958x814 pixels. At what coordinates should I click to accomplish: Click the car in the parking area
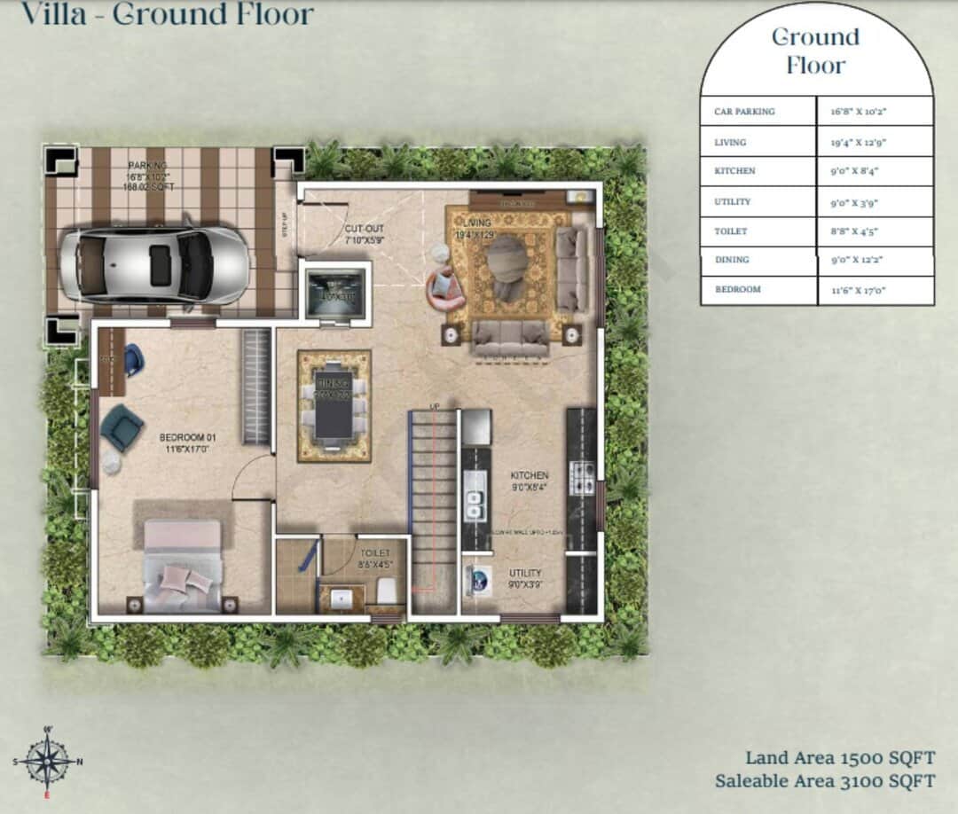tap(154, 266)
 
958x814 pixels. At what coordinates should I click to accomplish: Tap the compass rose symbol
tap(46, 761)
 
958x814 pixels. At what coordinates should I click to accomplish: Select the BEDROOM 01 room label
tap(187, 443)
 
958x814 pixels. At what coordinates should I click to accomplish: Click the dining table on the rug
tap(333, 405)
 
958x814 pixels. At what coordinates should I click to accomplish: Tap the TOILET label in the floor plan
tap(374, 558)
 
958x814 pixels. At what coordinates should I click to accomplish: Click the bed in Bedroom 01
tap(182, 566)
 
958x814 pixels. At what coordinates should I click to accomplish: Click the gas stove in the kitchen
tap(581, 477)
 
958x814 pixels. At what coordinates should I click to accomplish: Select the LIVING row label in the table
tap(730, 142)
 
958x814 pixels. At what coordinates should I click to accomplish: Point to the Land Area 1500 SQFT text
tap(839, 758)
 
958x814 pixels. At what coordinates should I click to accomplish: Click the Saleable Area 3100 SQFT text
tap(824, 781)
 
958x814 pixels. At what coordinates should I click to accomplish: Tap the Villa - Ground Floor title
tap(167, 14)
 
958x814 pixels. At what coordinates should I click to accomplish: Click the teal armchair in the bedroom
tap(121, 427)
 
